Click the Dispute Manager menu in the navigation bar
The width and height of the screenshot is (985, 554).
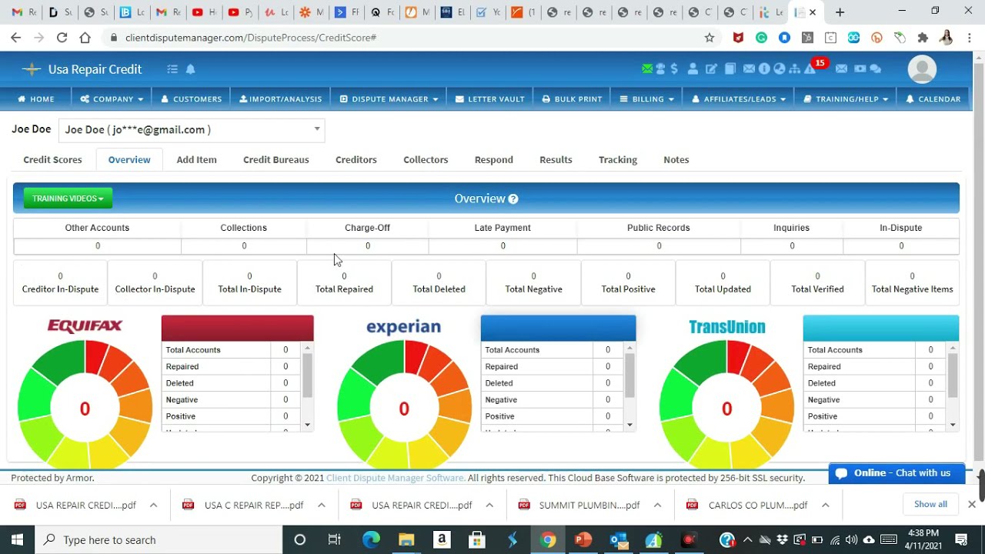389,99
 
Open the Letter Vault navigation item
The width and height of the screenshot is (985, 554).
489,99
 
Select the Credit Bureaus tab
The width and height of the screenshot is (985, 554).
275,160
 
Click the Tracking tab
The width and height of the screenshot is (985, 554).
617,160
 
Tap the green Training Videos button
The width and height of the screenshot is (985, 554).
68,199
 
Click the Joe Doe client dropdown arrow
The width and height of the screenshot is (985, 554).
316,129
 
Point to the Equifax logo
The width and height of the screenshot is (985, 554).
85,326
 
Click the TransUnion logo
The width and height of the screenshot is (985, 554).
726,327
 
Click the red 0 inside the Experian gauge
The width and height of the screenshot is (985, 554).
404,409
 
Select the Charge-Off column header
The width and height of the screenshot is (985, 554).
367,228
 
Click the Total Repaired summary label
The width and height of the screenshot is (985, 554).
344,289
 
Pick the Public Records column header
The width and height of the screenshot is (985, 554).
658,228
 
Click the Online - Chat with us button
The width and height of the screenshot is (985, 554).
897,473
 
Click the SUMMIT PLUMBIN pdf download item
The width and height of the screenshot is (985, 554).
589,506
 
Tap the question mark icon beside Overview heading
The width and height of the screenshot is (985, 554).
513,199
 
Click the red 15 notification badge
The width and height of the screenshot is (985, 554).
820,63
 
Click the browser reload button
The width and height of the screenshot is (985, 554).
62,37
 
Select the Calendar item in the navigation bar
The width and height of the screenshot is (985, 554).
933,99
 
